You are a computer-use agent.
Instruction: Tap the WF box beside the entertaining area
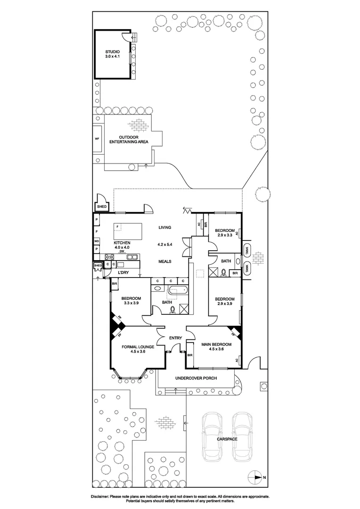pos(97,139)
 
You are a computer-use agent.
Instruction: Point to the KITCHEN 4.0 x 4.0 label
pos(122,245)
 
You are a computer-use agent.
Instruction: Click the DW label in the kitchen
pos(122,252)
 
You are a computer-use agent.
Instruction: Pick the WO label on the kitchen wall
pos(96,241)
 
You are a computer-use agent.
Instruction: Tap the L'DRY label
pos(123,273)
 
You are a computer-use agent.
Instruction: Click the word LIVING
pos(164,227)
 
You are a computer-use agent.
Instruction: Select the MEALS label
pos(164,262)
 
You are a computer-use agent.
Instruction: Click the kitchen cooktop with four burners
pos(109,257)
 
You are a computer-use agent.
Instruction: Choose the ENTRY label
pos(175,338)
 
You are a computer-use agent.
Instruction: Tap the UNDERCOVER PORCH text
pos(195,378)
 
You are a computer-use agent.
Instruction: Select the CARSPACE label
pos(227,439)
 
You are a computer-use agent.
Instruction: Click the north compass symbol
pos(255,477)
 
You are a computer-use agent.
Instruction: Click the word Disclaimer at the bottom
pos(99,497)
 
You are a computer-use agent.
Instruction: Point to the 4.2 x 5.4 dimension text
pos(165,245)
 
